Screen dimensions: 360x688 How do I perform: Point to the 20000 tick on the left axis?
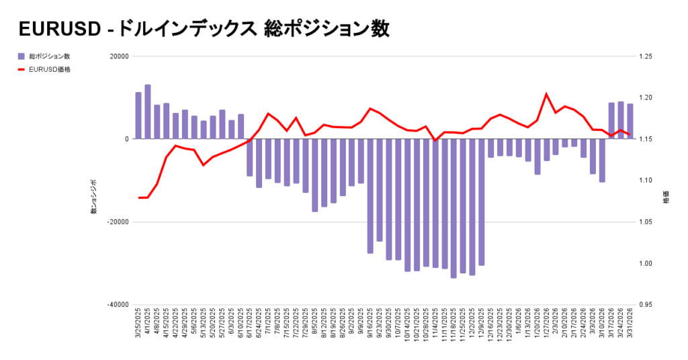coord(119,56)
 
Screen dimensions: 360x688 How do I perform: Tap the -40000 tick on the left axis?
coord(117,305)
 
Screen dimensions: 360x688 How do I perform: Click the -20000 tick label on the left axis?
coord(117,222)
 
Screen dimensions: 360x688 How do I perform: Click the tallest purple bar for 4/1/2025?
coord(148,112)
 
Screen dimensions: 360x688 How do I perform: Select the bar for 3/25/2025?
coord(138,116)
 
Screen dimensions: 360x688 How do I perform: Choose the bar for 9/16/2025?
coord(370,196)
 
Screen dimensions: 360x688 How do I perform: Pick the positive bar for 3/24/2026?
coord(621,121)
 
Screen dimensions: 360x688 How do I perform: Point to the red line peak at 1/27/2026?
coord(546,94)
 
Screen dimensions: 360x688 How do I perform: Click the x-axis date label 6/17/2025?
coord(250,324)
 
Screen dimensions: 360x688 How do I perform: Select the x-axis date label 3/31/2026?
coord(630,324)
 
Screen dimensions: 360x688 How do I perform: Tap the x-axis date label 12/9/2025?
coord(482,324)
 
